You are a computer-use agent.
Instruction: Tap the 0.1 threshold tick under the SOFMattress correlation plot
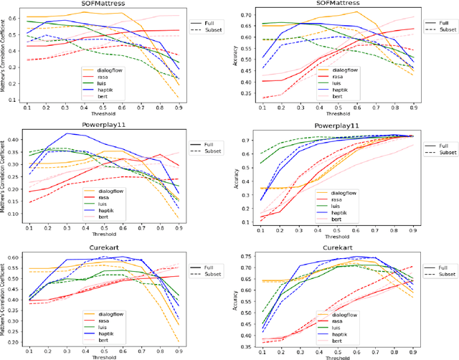28,107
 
